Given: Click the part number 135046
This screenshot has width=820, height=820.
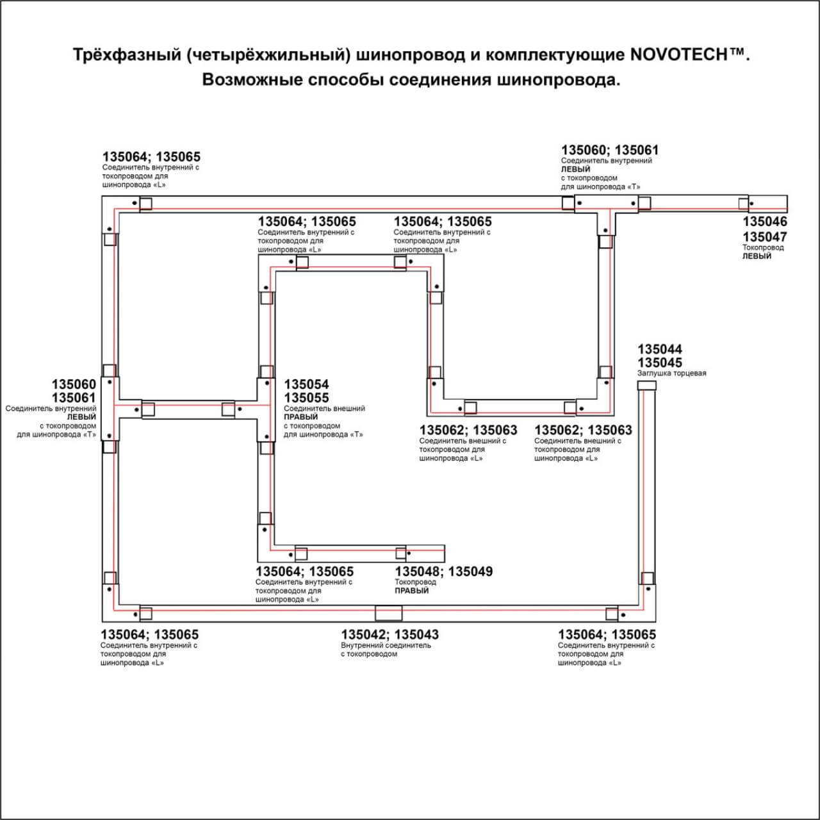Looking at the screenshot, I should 765,222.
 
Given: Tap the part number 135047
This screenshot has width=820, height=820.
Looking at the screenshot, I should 765,237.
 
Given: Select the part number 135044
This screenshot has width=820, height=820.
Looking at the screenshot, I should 660,349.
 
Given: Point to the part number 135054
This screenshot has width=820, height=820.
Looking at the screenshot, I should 306,384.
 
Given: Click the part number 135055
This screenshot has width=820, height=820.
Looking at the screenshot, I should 306,398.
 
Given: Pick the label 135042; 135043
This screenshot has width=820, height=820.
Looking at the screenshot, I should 389,635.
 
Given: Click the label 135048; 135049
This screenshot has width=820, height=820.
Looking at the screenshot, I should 444,571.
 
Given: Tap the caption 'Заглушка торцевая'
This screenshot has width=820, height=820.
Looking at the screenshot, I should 671,373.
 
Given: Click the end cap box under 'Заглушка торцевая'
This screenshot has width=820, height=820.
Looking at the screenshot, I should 646,385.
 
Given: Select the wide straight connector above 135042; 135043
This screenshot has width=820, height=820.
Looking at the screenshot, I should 389,613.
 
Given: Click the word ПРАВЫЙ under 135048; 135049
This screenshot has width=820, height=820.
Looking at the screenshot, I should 412,591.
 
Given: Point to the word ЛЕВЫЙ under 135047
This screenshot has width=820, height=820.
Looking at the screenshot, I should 757,256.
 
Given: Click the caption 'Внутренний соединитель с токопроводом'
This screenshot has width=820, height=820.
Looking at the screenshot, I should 386,650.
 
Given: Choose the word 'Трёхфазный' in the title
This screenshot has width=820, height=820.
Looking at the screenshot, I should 127,55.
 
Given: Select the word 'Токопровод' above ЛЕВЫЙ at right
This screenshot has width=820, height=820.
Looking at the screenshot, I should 763,247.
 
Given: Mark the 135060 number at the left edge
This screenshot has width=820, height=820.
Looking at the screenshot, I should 74,384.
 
